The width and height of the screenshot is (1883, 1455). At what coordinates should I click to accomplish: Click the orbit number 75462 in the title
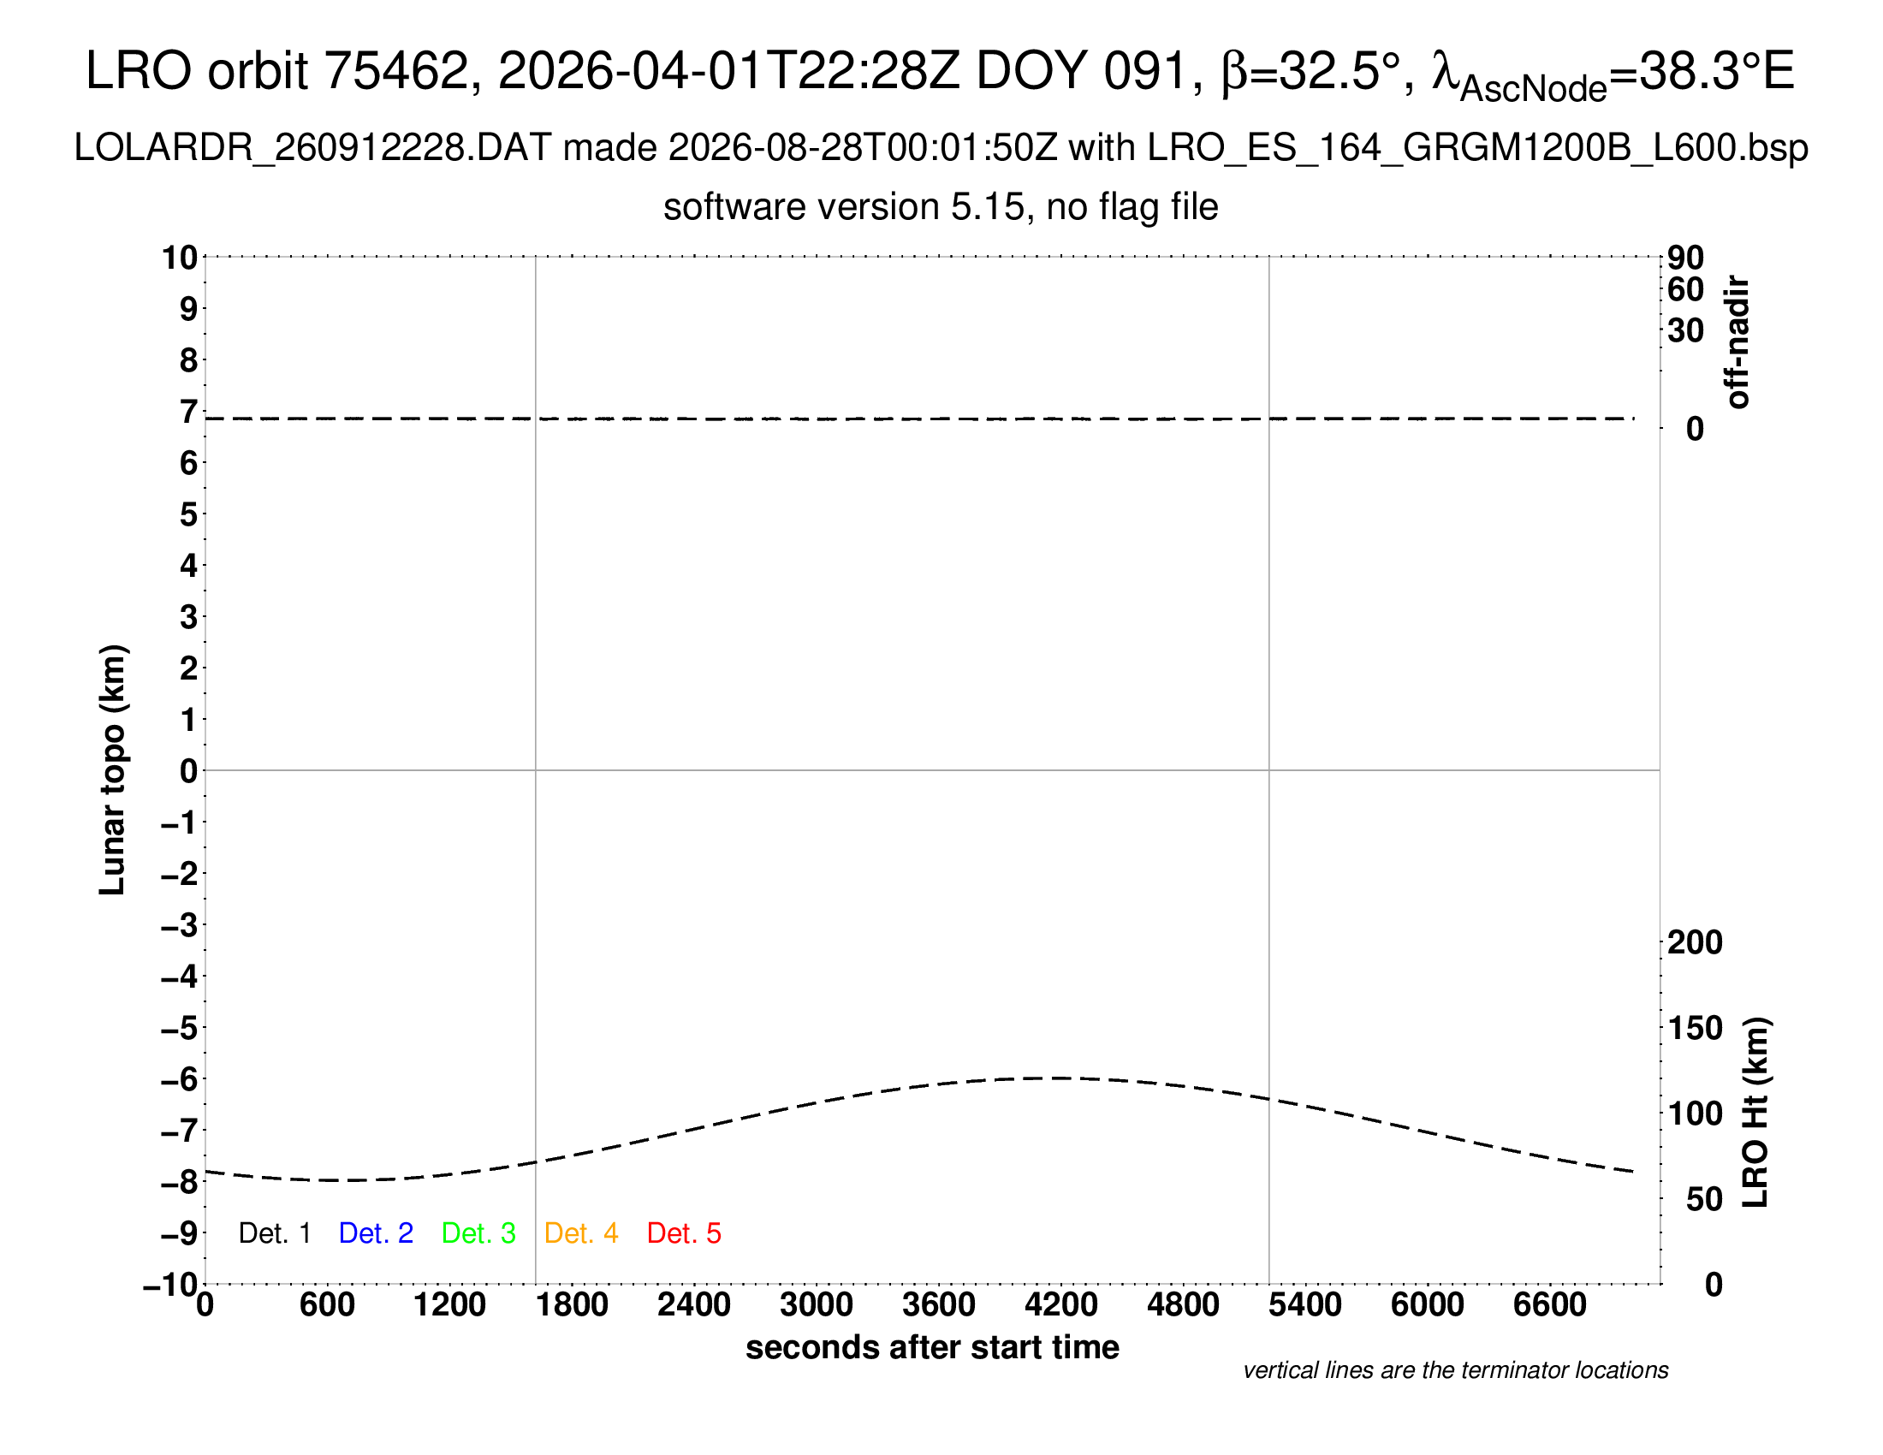click(x=395, y=70)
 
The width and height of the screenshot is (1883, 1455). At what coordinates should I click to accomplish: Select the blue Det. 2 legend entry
click(x=376, y=1233)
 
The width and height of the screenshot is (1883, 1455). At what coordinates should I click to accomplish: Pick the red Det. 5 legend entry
click(x=684, y=1233)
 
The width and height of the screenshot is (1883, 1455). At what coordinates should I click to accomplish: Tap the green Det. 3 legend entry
click(x=478, y=1233)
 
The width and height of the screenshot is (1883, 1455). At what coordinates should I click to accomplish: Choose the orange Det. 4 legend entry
click(x=581, y=1233)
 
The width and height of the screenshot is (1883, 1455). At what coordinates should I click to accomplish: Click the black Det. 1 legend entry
click(x=274, y=1233)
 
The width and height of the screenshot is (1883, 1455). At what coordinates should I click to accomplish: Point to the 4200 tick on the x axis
click(x=1061, y=1305)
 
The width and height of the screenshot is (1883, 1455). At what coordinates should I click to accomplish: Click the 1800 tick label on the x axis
click(x=572, y=1305)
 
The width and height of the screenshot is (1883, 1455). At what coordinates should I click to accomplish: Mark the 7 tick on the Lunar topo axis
click(x=188, y=412)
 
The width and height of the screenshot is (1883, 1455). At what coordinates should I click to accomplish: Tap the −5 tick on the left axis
click(x=180, y=1028)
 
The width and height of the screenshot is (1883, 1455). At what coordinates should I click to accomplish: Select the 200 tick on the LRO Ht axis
click(x=1695, y=942)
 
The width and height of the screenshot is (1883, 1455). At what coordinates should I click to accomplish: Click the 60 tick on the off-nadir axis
click(x=1685, y=289)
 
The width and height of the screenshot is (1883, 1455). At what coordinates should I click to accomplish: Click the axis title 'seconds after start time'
click(x=932, y=1347)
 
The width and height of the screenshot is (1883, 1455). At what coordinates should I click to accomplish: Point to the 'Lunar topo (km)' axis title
click(x=113, y=769)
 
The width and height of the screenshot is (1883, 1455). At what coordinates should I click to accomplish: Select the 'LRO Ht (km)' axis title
click(x=1755, y=1113)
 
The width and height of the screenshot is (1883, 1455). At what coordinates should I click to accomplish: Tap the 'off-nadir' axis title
click(x=1737, y=342)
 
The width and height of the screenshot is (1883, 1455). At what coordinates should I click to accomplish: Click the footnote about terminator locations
click(x=1455, y=1370)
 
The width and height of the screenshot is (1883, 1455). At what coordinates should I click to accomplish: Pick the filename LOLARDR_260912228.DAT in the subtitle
click(x=313, y=148)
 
